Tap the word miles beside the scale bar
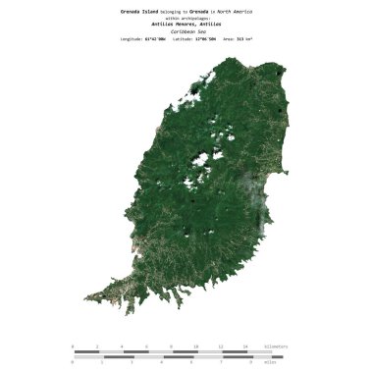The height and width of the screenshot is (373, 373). coord(276,362)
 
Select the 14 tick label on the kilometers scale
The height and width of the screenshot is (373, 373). coord(245,346)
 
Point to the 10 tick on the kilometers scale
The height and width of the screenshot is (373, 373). coord(195,346)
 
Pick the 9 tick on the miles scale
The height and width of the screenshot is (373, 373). coord(250,362)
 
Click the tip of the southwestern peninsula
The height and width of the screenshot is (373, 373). coord(86,296)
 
